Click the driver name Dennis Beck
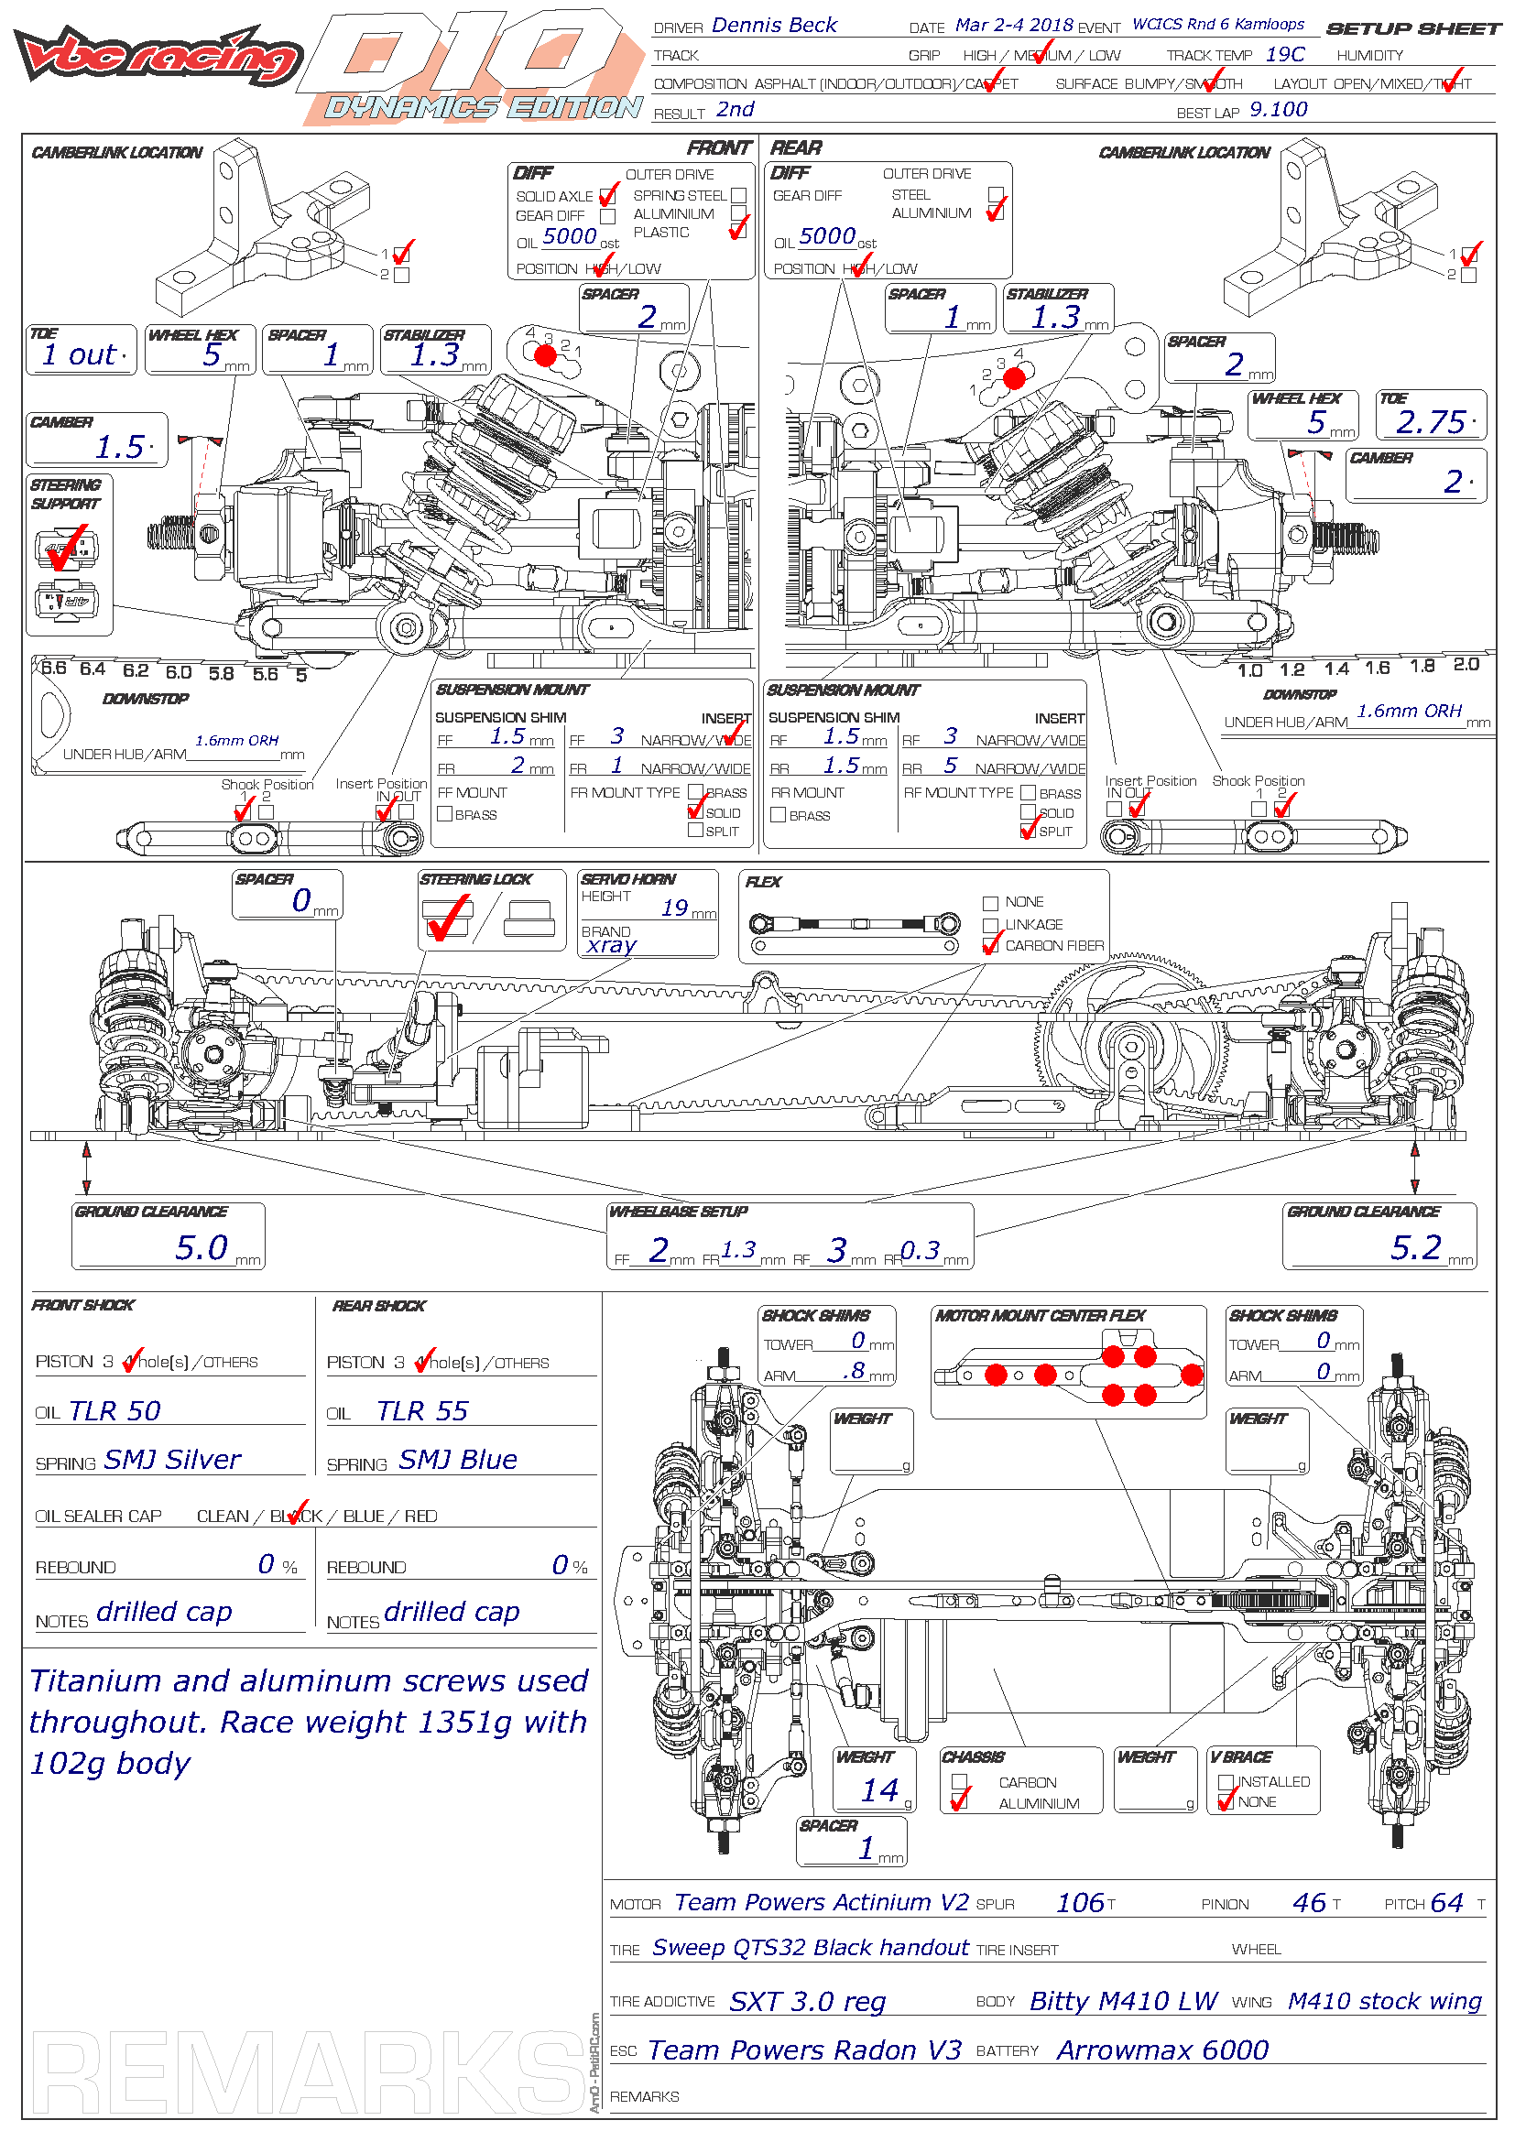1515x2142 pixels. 773,26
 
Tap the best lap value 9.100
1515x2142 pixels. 1278,110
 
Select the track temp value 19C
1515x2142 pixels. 1284,55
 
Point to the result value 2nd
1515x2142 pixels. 736,110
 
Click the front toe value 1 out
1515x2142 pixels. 80,355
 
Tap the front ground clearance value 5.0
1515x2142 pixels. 201,1247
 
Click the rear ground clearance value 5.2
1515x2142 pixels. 1415,1247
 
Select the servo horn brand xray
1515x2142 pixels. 611,945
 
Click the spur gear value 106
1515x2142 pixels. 1080,1903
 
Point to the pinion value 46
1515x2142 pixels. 1309,1903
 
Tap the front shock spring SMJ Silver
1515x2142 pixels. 171,1460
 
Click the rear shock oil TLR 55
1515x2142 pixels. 421,1411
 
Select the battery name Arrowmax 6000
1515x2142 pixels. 1162,2050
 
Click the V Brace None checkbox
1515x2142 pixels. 1226,1802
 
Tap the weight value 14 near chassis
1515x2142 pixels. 878,1790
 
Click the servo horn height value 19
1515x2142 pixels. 674,908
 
